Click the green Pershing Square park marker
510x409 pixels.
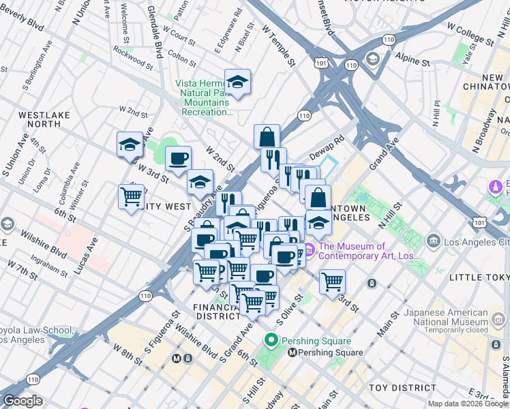tap(271, 340)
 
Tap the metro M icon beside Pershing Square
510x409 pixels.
tap(292, 352)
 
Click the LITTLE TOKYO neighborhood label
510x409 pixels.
tap(481, 277)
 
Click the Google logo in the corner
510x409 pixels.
tap(23, 401)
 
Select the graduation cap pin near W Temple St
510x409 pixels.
tap(237, 82)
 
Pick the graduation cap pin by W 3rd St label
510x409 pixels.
tap(130, 145)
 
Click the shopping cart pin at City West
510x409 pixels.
tap(131, 197)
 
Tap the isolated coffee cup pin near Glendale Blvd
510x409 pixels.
tap(179, 158)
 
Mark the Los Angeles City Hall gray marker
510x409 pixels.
tap(433, 241)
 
